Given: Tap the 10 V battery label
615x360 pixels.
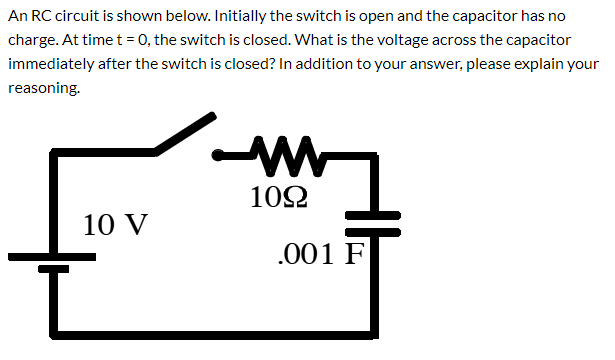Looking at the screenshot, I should [116, 223].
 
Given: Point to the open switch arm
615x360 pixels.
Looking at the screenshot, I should [185, 135].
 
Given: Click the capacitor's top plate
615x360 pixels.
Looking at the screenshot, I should [374, 215].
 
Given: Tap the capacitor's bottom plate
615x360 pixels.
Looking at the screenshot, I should [374, 231].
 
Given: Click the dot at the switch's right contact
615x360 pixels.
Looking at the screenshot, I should [219, 155].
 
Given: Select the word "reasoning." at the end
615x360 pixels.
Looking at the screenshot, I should [44, 88].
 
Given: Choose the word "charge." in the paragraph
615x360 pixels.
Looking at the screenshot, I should [34, 40].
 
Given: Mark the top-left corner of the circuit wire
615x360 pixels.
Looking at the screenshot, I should [55, 154].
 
